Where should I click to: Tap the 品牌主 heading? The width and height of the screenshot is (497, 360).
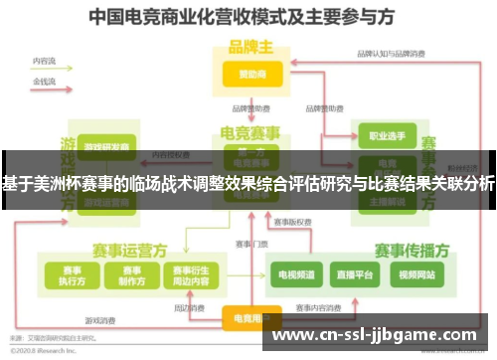(249, 47)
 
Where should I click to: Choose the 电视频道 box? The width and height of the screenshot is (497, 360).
(296, 272)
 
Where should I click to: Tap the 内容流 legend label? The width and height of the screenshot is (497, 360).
(44, 61)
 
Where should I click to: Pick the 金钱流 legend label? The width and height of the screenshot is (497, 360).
(44, 79)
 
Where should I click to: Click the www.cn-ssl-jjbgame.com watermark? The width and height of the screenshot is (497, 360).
(377, 336)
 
